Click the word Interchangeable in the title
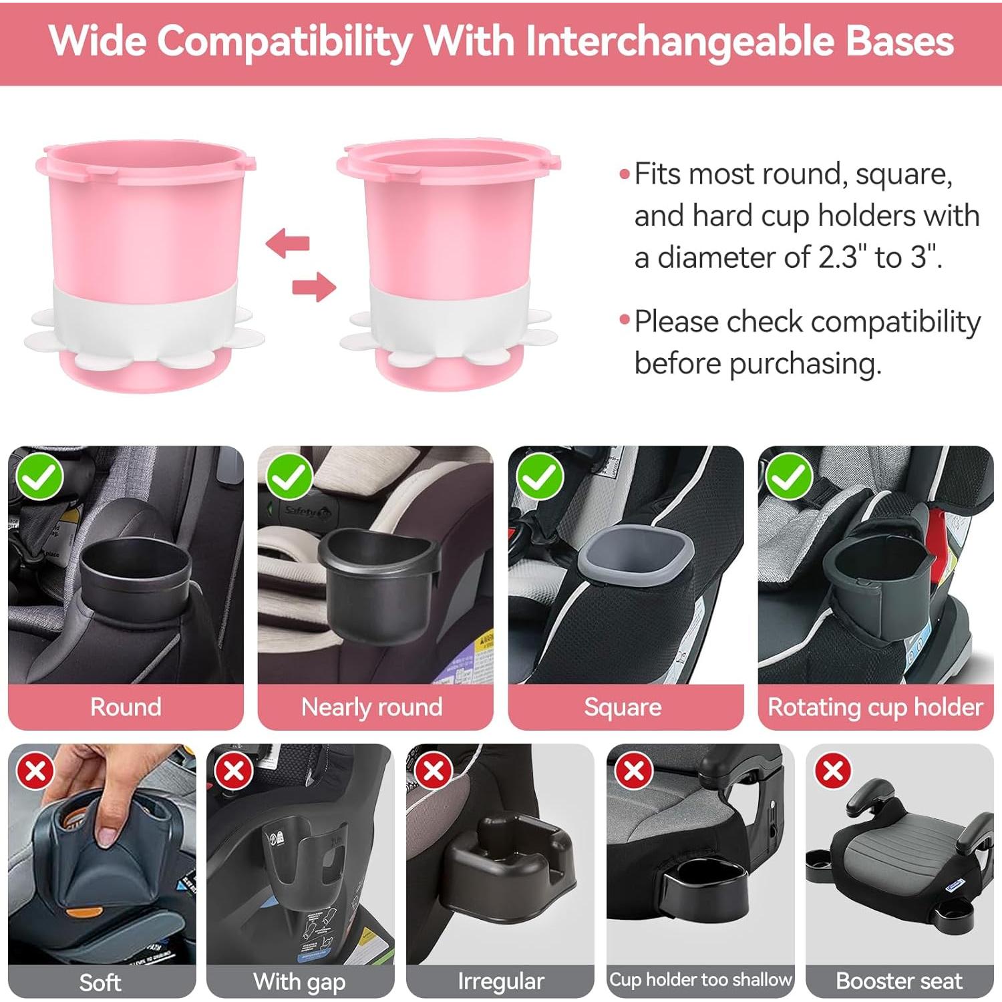click(x=679, y=41)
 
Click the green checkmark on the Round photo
click(x=40, y=477)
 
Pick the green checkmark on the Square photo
click(x=540, y=477)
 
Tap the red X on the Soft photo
click(x=36, y=772)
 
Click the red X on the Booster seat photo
click(x=833, y=772)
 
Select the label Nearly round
click(x=371, y=707)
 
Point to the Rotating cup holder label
click(x=875, y=707)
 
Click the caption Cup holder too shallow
click(x=700, y=980)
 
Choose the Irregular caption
click(x=500, y=981)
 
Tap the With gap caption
click(x=299, y=981)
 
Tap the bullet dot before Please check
click(x=625, y=320)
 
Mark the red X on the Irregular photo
click(x=433, y=772)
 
